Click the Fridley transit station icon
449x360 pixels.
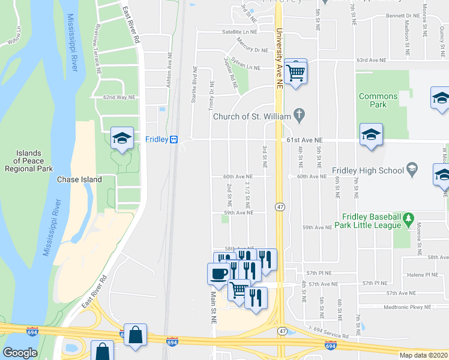173,139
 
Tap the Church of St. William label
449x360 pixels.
252,116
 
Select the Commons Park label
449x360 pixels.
378,100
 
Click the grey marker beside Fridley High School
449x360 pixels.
412,170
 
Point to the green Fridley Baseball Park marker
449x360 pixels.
409,217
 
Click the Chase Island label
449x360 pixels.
79,179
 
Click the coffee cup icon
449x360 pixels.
217,273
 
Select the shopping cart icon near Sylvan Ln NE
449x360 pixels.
295,72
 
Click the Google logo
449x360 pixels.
20,353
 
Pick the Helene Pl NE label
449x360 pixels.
423,275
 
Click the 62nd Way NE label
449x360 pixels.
119,97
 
